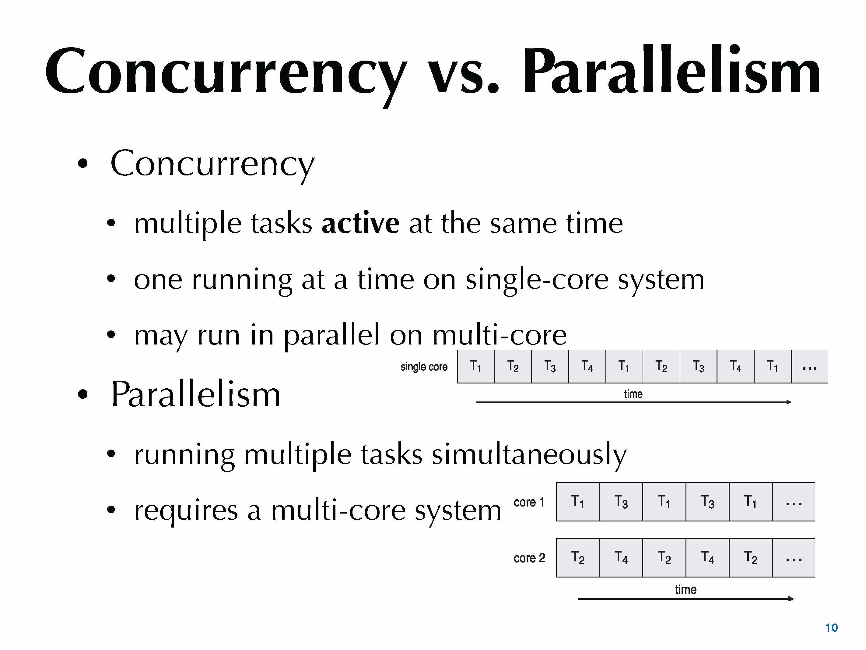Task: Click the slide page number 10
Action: (x=831, y=628)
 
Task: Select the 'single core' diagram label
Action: (x=424, y=367)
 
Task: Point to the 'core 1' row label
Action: (x=529, y=502)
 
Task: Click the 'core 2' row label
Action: (x=529, y=557)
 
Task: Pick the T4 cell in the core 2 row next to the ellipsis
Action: (x=707, y=557)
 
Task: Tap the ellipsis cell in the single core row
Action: (x=809, y=367)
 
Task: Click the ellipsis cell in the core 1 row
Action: (x=793, y=502)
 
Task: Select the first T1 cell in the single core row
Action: (x=476, y=367)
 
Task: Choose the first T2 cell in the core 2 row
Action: (x=578, y=557)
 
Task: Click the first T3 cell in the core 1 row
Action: (x=621, y=502)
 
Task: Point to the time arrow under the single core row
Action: (x=633, y=402)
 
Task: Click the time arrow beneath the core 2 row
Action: (x=685, y=599)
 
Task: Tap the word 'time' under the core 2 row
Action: (x=685, y=589)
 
